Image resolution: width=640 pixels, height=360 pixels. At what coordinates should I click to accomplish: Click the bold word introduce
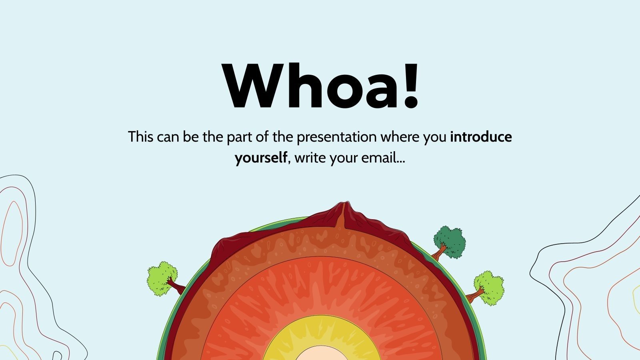[x=481, y=137]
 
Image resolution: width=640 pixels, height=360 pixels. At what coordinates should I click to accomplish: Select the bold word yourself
[x=261, y=158]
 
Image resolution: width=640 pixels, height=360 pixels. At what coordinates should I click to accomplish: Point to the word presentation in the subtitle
[x=336, y=137]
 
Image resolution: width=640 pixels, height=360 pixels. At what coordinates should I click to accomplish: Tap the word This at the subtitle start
[x=141, y=137]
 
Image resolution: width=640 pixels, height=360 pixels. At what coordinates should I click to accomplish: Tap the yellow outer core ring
[x=280, y=336]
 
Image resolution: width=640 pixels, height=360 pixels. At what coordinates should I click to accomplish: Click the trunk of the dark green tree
[x=440, y=252]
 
